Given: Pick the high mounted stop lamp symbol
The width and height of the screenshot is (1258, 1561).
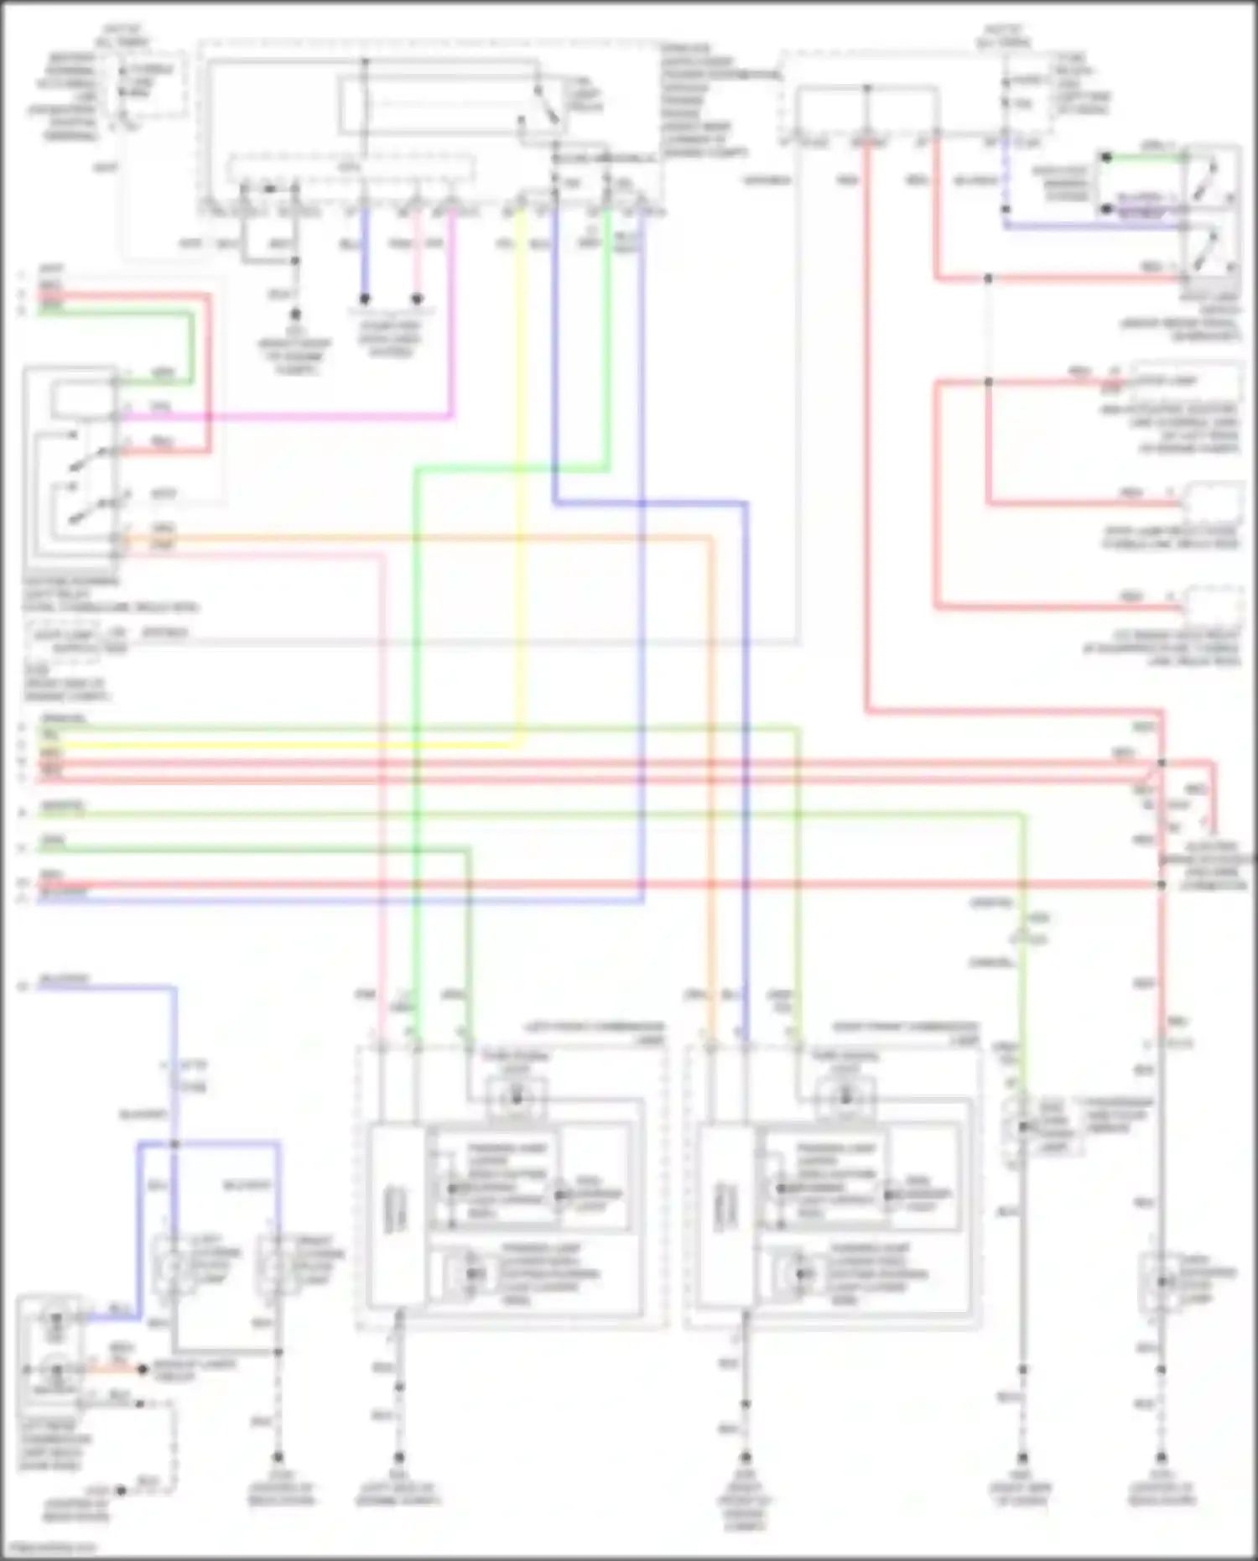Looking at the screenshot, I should (x=1162, y=1282).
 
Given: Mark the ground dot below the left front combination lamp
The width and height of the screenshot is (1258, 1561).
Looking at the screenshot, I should (x=399, y=1458).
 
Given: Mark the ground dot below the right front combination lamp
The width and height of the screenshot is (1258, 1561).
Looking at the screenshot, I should (x=745, y=1458).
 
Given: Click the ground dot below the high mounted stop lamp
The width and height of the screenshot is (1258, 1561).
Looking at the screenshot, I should (x=1162, y=1458).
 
